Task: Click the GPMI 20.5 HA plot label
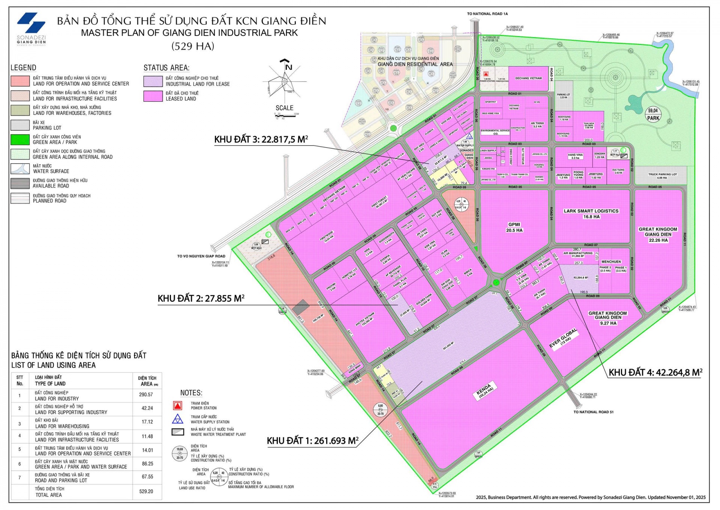pyautogui.click(x=514, y=227)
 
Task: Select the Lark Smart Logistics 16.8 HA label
pyautogui.click(x=591, y=214)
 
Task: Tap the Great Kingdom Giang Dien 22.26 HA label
pyautogui.click(x=658, y=235)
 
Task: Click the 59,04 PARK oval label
pyautogui.click(x=653, y=114)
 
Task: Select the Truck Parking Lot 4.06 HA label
pyautogui.click(x=663, y=176)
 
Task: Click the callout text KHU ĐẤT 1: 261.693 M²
pyautogui.click(x=312, y=441)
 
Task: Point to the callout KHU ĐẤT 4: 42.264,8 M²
pyautogui.click(x=655, y=372)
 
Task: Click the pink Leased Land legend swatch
pyautogui.click(x=153, y=96)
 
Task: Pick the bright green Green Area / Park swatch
pyautogui.click(x=20, y=140)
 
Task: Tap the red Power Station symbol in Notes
pyautogui.click(x=177, y=405)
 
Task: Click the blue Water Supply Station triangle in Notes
pyautogui.click(x=177, y=419)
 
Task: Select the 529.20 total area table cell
pyautogui.click(x=146, y=491)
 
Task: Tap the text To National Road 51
pyautogui.click(x=593, y=412)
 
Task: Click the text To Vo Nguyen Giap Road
pyautogui.click(x=201, y=256)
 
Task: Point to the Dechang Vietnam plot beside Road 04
pyautogui.click(x=528, y=78)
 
